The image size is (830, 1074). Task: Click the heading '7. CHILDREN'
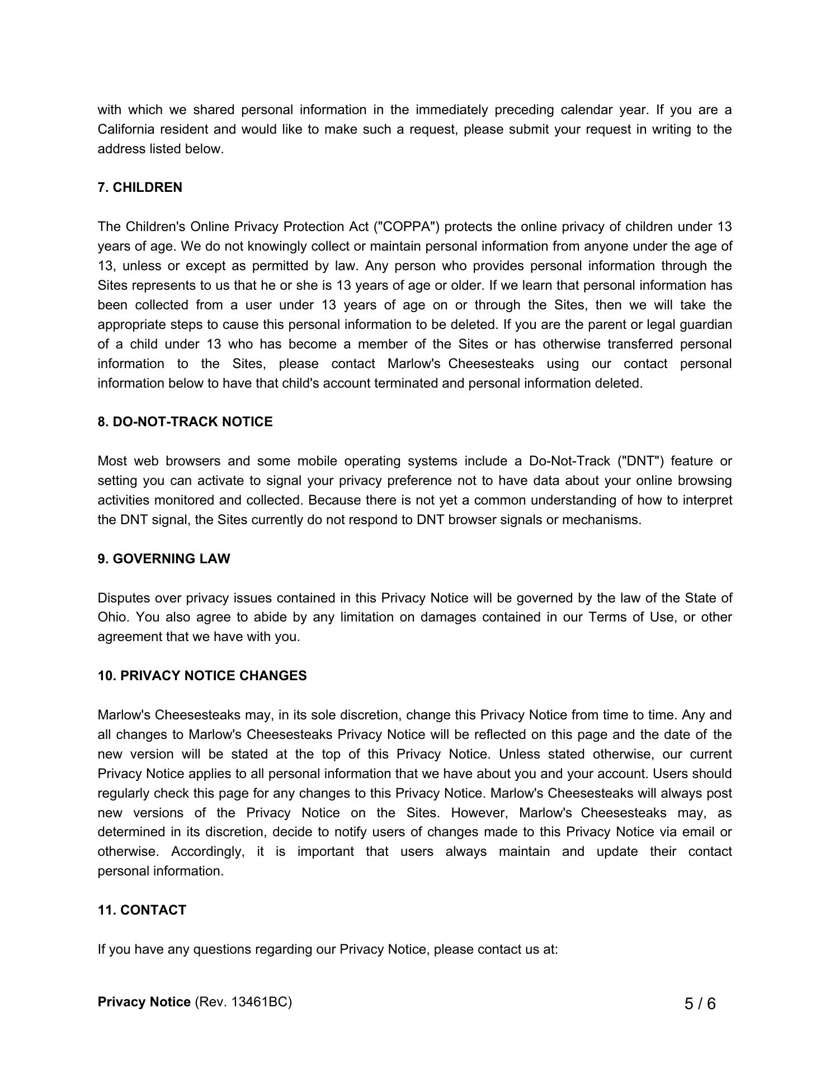tap(140, 187)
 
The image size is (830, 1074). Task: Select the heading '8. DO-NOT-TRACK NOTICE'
tap(185, 422)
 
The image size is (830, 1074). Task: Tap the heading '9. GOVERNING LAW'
tap(163, 559)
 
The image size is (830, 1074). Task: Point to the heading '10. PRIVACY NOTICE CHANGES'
tap(202, 676)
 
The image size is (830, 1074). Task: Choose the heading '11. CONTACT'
tap(142, 910)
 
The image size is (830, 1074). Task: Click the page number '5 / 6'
tap(700, 1004)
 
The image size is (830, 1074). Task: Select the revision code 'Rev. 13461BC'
tap(243, 1002)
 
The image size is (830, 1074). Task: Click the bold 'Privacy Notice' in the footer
tap(144, 1002)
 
